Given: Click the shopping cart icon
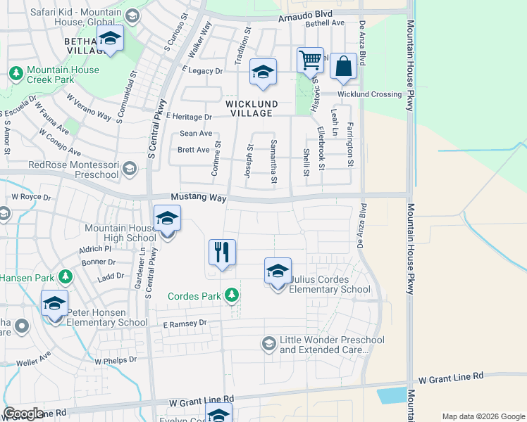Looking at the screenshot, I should click(x=310, y=61).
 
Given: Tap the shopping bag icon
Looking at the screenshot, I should click(x=343, y=67).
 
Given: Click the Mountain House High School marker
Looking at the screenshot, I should click(x=167, y=219).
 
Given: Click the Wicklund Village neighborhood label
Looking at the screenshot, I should click(x=252, y=108).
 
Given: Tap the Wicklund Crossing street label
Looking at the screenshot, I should click(x=369, y=94).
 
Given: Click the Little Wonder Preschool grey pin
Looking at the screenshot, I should click(x=268, y=343).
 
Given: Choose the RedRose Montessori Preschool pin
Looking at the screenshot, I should click(x=129, y=168).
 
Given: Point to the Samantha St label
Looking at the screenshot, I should click(x=273, y=162).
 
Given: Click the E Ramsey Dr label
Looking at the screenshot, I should click(x=185, y=324).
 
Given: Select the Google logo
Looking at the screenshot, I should click(x=23, y=414).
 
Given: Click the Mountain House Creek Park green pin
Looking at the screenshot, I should click(x=15, y=72).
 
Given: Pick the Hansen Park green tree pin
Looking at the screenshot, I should click(x=66, y=277).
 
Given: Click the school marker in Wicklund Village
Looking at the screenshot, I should click(x=263, y=72).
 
